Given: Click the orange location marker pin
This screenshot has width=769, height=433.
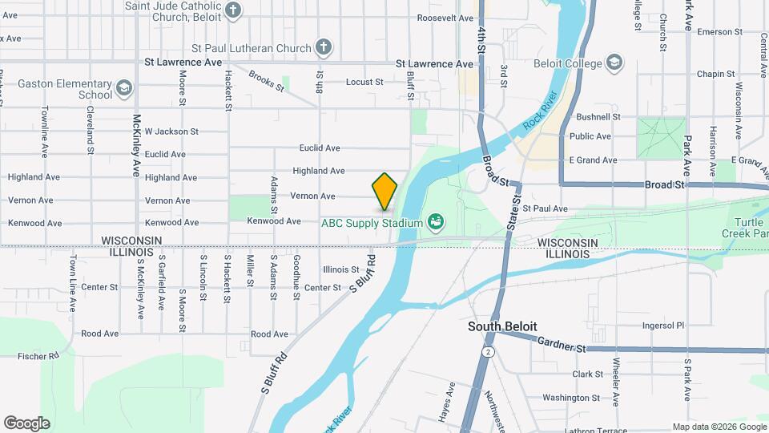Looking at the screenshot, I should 384,191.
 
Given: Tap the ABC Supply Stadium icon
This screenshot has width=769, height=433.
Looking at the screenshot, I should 436,221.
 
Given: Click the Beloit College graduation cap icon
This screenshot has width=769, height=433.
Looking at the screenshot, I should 614,63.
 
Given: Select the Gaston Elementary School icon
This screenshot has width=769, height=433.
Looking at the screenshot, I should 123,88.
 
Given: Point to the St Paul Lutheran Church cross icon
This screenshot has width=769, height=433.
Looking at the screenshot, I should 324,47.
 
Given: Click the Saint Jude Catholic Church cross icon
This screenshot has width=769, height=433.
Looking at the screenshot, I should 233,10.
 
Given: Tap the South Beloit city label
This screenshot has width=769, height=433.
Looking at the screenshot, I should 502,326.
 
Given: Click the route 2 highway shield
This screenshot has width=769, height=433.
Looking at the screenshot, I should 487,352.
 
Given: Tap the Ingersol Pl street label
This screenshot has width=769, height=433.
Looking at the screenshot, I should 663,326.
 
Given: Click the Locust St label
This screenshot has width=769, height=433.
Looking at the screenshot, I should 365,82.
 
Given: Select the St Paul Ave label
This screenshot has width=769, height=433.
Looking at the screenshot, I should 545,208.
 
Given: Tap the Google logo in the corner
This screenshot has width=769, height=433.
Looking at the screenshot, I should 26,423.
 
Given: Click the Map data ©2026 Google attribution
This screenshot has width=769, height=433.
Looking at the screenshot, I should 719,427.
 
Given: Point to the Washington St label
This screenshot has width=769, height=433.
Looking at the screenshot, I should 566,398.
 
